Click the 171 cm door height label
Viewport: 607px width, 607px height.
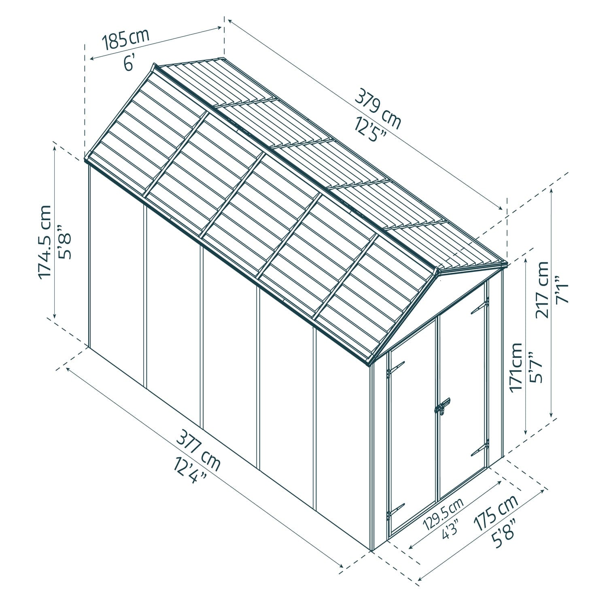(516, 367)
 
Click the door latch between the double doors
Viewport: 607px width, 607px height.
(442, 406)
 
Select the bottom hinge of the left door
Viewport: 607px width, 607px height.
(395, 510)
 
